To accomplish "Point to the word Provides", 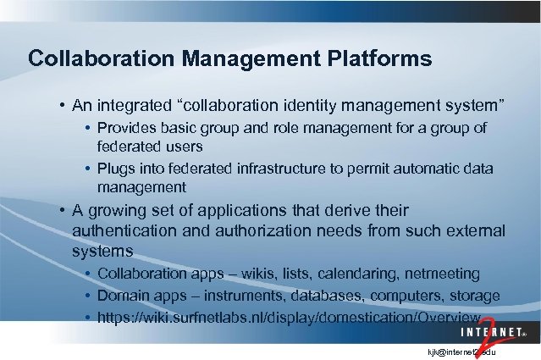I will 125,128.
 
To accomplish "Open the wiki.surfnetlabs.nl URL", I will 289,318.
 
